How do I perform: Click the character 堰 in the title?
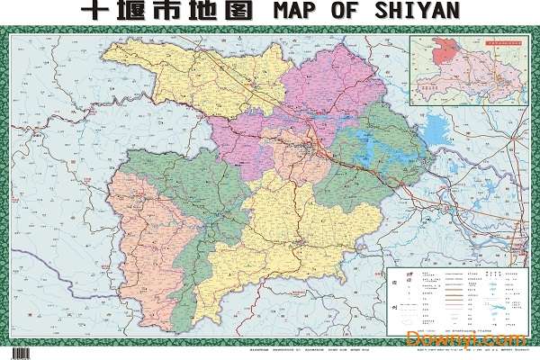134,12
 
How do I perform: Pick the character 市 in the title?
173,12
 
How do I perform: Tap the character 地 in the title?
211,12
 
